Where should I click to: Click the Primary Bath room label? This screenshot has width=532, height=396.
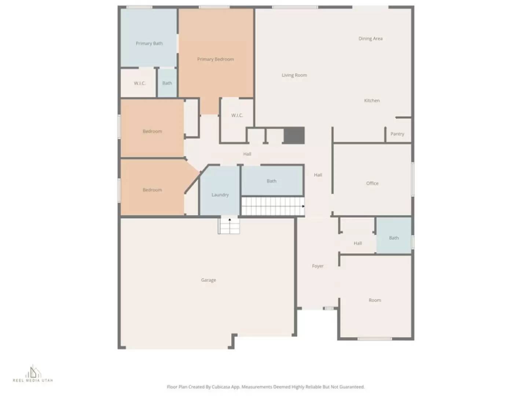pyautogui.click(x=149, y=43)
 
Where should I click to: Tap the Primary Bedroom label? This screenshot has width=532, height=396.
pyautogui.click(x=215, y=59)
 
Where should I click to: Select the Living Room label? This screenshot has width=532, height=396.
pyautogui.click(x=294, y=75)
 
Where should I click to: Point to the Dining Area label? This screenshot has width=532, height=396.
pyautogui.click(x=370, y=38)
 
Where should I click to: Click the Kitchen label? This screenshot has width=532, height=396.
pyautogui.click(x=371, y=100)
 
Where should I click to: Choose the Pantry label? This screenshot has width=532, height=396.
pyautogui.click(x=397, y=134)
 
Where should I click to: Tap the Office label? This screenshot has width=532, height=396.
pyautogui.click(x=372, y=183)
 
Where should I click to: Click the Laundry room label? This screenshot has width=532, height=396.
pyautogui.click(x=220, y=195)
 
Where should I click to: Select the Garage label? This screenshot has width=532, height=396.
pyautogui.click(x=208, y=280)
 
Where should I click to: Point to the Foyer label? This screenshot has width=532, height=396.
pyautogui.click(x=318, y=266)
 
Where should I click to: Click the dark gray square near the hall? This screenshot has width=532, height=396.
pyautogui.click(x=294, y=135)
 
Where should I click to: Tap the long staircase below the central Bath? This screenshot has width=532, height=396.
pyautogui.click(x=272, y=206)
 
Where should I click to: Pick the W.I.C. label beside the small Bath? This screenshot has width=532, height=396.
pyautogui.click(x=139, y=83)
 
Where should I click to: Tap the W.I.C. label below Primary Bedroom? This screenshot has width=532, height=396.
pyautogui.click(x=237, y=115)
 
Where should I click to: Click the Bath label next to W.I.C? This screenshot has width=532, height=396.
pyautogui.click(x=167, y=83)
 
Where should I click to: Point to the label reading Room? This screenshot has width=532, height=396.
pyautogui.click(x=374, y=300)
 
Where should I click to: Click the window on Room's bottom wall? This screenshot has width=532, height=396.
pyautogui.click(x=374, y=339)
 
